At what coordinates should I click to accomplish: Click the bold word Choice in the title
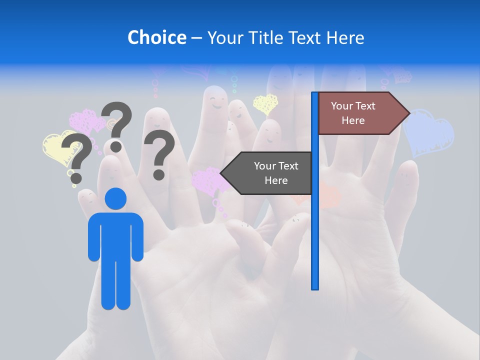pos(156,37)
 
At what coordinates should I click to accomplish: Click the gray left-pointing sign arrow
pos(267,173)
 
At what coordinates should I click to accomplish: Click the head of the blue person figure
pos(115,198)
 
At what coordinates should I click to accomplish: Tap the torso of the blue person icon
pos(115,235)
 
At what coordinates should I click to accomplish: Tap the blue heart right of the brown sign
pos(429,132)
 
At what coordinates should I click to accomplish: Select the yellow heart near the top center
pos(265,103)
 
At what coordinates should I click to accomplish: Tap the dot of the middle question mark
pos(116,146)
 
